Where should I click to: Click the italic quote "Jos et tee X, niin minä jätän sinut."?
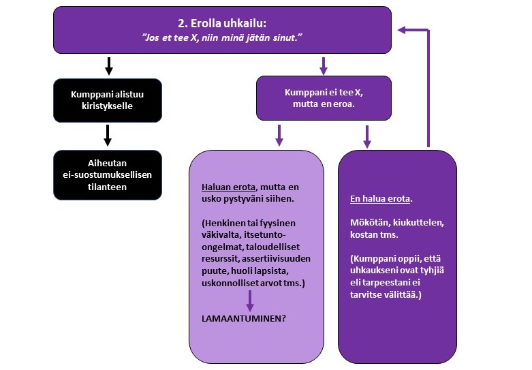point(223,38)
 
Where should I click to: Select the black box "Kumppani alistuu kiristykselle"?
point(108,100)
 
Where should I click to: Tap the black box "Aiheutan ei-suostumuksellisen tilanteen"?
point(108,175)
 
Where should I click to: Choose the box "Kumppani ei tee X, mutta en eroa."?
point(323,99)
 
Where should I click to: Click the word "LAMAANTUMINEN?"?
point(243,318)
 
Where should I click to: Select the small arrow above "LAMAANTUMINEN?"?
point(251,300)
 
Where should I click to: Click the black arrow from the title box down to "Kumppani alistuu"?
point(108,67)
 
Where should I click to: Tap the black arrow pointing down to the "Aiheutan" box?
point(108,135)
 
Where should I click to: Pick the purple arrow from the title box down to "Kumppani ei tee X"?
point(324,65)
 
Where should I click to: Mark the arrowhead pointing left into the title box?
point(403,29)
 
